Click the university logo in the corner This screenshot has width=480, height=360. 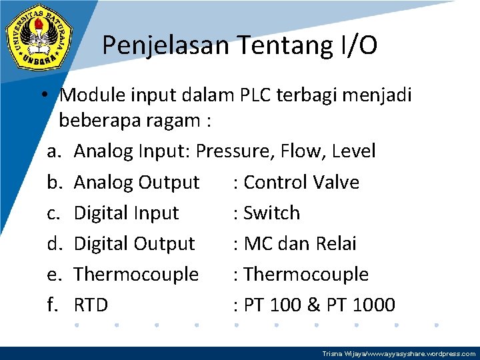tap(39, 39)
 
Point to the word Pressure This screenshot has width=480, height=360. tap(236, 151)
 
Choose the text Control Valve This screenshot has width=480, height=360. tap(301, 182)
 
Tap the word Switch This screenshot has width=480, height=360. tap(272, 213)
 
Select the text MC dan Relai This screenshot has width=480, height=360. tap(300, 243)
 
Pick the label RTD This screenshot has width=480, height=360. tap(91, 305)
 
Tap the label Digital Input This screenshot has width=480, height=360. tap(126, 213)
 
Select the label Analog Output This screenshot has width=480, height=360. tap(137, 182)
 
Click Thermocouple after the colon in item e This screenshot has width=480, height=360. tap(306, 274)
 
